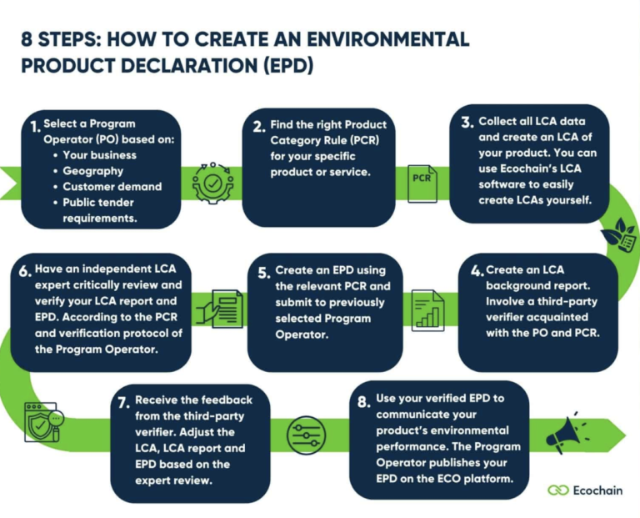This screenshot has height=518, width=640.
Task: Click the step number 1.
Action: coord(32,128)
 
